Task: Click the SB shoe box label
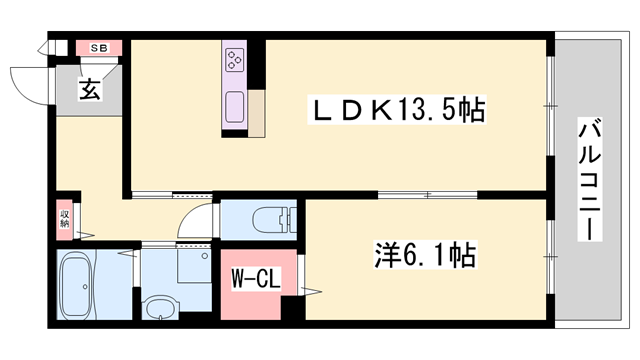click(x=99, y=47)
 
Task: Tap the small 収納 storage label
click(x=63, y=217)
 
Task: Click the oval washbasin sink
click(x=160, y=308)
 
